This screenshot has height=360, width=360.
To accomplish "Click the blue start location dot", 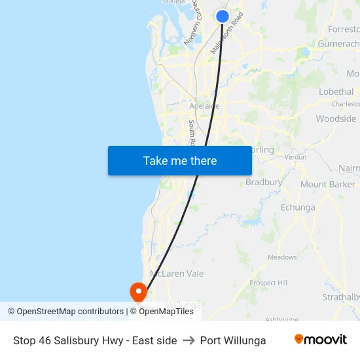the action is tap(223, 16).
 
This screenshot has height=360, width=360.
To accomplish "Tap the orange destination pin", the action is tap(139, 291).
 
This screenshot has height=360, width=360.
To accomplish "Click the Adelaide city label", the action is tap(204, 105).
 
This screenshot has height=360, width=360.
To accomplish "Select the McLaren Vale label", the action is tap(177, 274).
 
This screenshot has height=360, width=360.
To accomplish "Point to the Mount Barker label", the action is tap(327, 185).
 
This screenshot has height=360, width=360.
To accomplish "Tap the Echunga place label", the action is tap(298, 207).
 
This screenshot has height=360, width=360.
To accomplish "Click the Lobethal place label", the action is tap(336, 92).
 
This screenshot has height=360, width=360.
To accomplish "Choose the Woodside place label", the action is tap(336, 118).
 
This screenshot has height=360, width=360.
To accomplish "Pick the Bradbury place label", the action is tap(264, 183).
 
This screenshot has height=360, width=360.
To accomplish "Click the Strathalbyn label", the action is tap(341, 297).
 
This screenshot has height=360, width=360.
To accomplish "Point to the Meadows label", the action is tap(282, 257).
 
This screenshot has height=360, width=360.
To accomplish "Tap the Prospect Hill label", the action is tap(268, 283).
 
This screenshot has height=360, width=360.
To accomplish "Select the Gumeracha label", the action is tap(338, 44).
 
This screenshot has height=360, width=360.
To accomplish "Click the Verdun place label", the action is tap(296, 157).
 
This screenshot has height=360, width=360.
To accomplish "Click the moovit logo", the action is tap(321, 340).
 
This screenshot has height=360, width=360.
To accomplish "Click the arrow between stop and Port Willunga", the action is tap(189, 340).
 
